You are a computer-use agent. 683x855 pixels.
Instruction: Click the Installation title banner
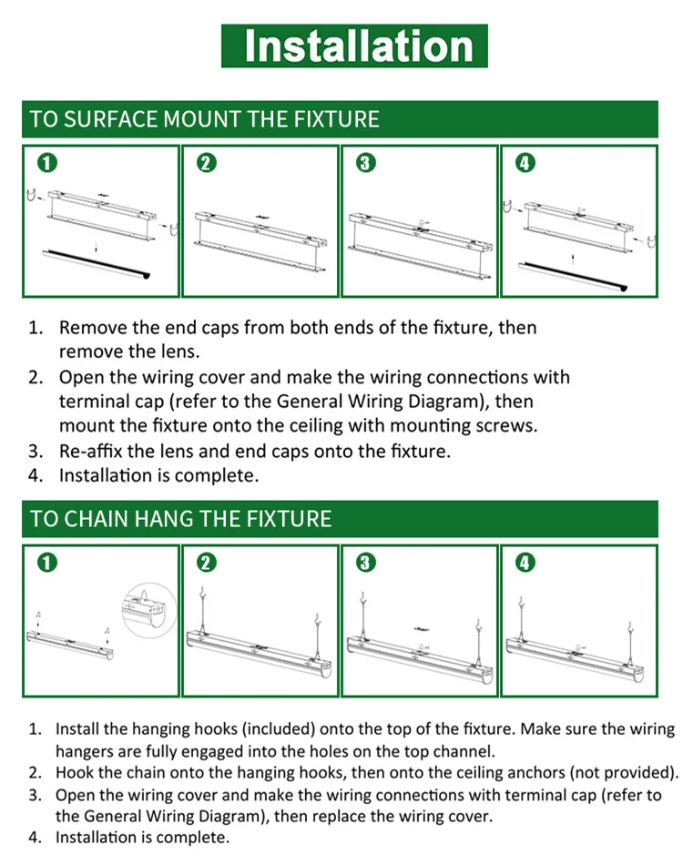(x=354, y=46)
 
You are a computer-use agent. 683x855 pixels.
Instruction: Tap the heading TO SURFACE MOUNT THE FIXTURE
(x=204, y=119)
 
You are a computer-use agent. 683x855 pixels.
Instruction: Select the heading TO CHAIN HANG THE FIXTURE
(x=180, y=519)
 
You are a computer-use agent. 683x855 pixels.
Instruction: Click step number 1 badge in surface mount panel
(x=47, y=163)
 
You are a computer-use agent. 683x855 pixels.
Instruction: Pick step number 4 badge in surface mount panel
(x=525, y=163)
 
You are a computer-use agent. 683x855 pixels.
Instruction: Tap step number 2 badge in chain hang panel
(x=206, y=562)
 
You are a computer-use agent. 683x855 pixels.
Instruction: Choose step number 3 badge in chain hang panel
(x=365, y=562)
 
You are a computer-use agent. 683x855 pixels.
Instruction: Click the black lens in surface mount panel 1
(x=96, y=264)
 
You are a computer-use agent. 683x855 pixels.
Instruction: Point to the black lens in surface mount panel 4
(x=573, y=275)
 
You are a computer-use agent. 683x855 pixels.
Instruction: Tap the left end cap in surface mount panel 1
(x=32, y=195)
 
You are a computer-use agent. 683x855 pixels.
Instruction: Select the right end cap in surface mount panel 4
(x=651, y=240)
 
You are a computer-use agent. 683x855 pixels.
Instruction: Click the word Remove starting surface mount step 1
(x=93, y=328)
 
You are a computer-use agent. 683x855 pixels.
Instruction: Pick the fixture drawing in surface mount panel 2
(x=260, y=239)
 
